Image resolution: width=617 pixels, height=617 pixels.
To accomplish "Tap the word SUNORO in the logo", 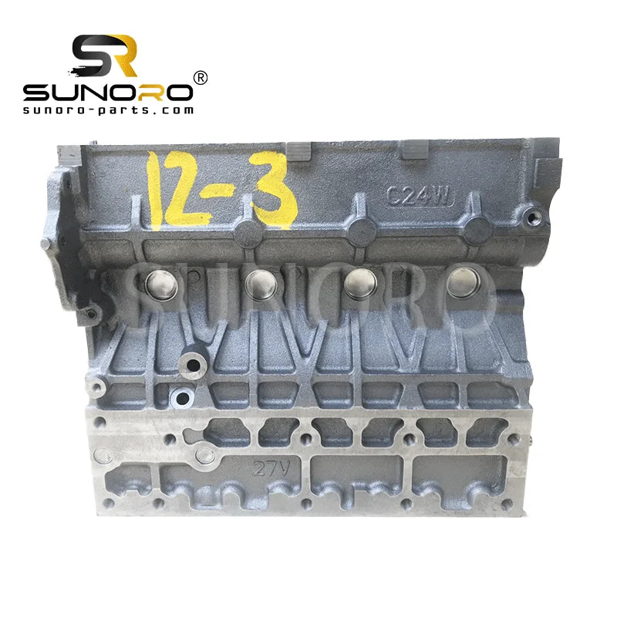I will click(x=107, y=93).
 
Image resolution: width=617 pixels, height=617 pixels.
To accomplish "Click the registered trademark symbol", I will click(x=199, y=78).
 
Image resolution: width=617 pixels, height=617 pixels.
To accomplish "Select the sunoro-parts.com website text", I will click(x=108, y=110).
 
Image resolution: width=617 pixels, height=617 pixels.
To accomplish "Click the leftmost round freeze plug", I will click(x=159, y=285).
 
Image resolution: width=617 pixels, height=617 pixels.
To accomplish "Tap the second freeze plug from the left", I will click(x=261, y=283).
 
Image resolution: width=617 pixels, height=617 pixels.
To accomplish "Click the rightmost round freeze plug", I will click(x=463, y=283).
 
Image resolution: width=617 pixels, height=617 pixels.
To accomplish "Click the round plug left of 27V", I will click(x=205, y=456).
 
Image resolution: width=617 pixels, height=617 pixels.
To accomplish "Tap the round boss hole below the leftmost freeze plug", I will click(x=183, y=399).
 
